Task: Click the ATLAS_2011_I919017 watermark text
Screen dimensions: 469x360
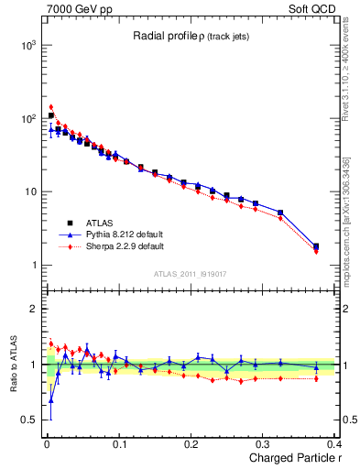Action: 190,273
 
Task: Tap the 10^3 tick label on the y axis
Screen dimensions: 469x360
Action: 28,45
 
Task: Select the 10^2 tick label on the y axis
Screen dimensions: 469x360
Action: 28,118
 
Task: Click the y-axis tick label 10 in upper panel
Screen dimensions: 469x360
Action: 30,191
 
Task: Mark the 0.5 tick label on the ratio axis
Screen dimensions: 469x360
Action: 30,420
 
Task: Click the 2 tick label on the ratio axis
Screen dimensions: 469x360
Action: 34,309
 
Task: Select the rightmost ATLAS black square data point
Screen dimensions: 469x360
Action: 316,245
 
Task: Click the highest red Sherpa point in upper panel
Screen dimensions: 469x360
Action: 51,107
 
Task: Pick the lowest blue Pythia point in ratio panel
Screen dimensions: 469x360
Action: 51,400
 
